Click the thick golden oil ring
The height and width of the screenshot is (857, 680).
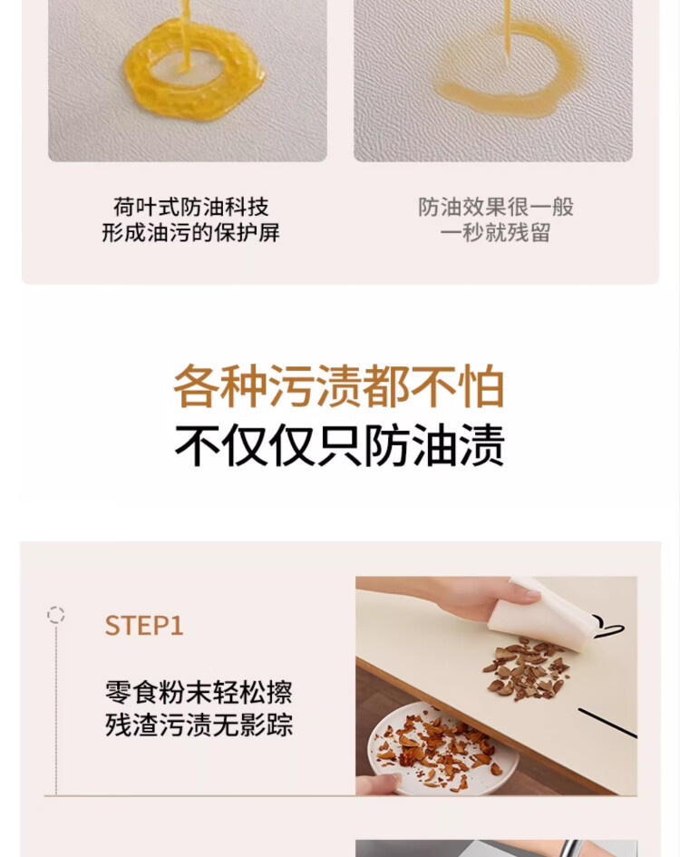(x=142, y=87)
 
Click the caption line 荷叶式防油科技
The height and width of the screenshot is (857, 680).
(x=190, y=207)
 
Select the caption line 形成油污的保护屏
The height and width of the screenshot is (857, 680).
(x=190, y=232)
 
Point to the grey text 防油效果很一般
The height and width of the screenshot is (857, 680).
(x=496, y=207)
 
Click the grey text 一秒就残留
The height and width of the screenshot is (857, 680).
(x=495, y=232)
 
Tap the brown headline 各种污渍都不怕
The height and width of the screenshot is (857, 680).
(x=339, y=386)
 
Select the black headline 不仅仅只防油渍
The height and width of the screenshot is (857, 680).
(x=339, y=445)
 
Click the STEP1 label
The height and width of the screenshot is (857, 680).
(x=144, y=626)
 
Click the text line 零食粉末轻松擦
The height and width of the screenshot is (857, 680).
(x=199, y=693)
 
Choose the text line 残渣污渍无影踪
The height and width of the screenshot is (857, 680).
(x=199, y=725)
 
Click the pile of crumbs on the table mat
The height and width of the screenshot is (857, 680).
(x=526, y=668)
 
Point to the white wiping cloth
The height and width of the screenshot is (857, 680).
(x=541, y=615)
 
